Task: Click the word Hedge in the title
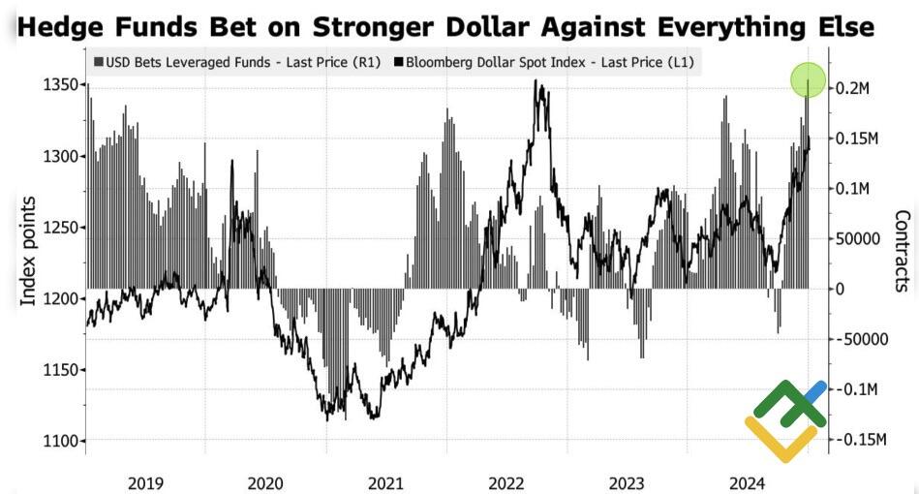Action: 66,26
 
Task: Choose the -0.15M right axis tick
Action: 860,440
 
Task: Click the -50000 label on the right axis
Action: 860,339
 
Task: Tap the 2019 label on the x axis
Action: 145,482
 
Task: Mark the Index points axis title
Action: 29,250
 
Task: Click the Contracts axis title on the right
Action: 903,250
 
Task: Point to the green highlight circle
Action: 808,80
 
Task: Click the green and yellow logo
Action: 785,419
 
